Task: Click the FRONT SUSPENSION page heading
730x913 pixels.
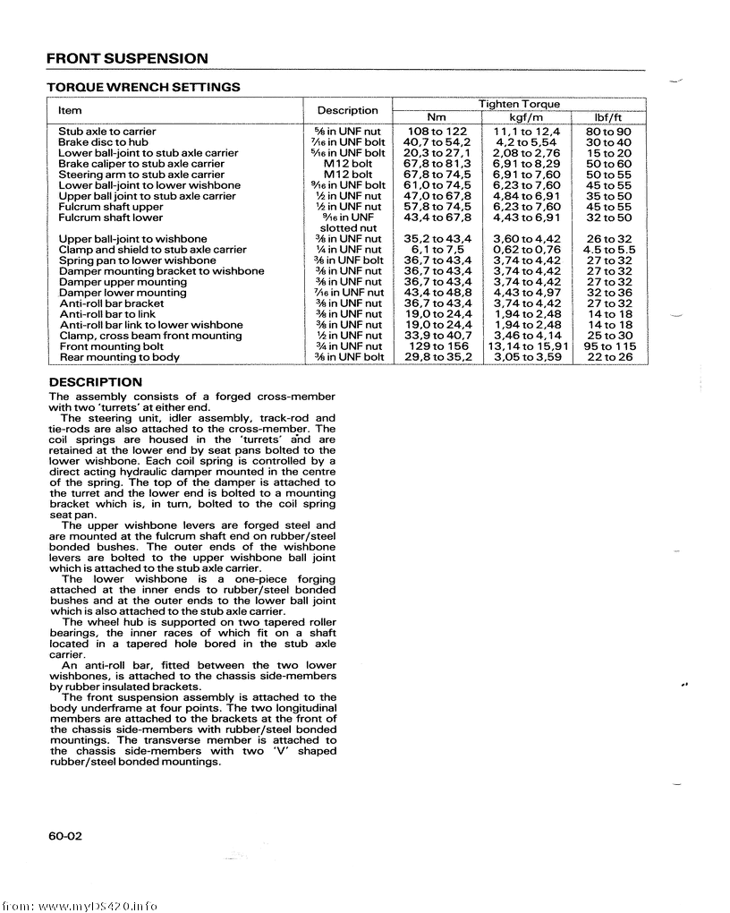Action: coord(127,59)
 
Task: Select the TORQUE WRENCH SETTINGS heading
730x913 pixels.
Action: coord(143,88)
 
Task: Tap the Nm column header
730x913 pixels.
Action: coord(436,117)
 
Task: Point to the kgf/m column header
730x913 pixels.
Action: coord(526,117)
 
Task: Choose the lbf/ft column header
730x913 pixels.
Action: coord(608,117)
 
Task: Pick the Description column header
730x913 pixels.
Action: coord(347,110)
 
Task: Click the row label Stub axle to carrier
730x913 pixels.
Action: coord(106,132)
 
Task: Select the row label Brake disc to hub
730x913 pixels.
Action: coord(103,142)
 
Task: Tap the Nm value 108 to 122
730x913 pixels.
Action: coord(437,132)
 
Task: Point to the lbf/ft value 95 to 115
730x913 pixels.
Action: coord(609,346)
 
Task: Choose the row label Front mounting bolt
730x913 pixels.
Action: coord(111,346)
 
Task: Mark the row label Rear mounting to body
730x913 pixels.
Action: coord(119,357)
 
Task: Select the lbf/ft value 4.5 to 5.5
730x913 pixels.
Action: coord(609,250)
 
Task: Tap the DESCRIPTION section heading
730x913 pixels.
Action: coord(95,382)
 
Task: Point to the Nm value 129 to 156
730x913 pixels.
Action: coord(437,346)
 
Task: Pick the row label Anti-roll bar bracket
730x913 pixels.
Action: coord(111,303)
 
